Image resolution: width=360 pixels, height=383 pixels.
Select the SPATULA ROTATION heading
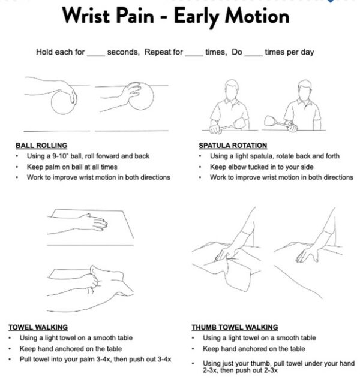233,145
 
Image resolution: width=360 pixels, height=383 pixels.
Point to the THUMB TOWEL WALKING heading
235,327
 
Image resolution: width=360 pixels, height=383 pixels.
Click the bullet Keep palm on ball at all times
71,167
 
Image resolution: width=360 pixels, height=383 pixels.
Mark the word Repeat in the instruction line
170,52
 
